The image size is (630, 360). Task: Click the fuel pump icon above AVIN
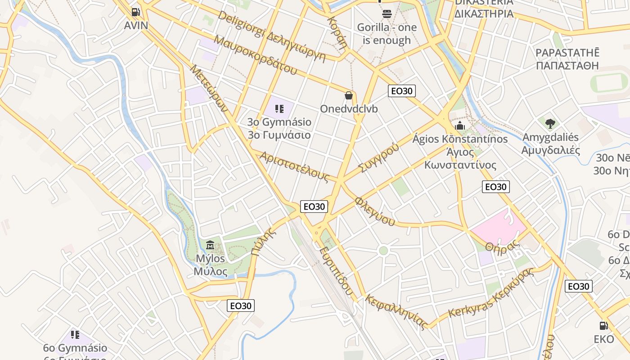pyautogui.click(x=135, y=12)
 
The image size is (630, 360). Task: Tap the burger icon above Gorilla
pyautogui.click(x=387, y=14)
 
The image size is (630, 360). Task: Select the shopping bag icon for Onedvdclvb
pyautogui.click(x=349, y=95)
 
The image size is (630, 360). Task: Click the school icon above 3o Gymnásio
pyautogui.click(x=279, y=108)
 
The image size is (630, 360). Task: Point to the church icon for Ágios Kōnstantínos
pyautogui.click(x=459, y=126)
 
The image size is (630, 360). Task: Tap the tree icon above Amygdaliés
pyautogui.click(x=550, y=123)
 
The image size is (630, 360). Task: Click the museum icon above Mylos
pyautogui.click(x=210, y=245)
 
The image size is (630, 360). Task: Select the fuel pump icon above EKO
pyautogui.click(x=603, y=325)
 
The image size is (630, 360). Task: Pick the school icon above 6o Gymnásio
pyautogui.click(x=75, y=334)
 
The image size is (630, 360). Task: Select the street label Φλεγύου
pyautogui.click(x=375, y=211)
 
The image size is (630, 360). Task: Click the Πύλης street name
pyautogui.click(x=262, y=242)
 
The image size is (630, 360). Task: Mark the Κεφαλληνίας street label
pyautogui.click(x=396, y=311)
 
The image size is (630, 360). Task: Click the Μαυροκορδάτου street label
pyautogui.click(x=256, y=55)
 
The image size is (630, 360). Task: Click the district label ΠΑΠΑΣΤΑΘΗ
pyautogui.click(x=567, y=65)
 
